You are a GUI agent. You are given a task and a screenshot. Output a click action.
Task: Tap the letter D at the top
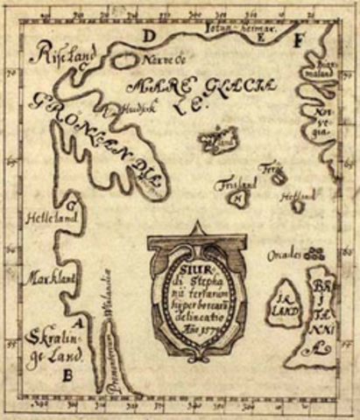click(150, 36)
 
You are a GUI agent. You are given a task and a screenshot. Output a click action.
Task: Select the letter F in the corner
click(298, 39)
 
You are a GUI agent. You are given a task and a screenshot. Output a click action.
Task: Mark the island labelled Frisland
click(237, 195)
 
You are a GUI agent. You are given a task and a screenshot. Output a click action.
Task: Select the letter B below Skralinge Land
click(67, 377)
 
